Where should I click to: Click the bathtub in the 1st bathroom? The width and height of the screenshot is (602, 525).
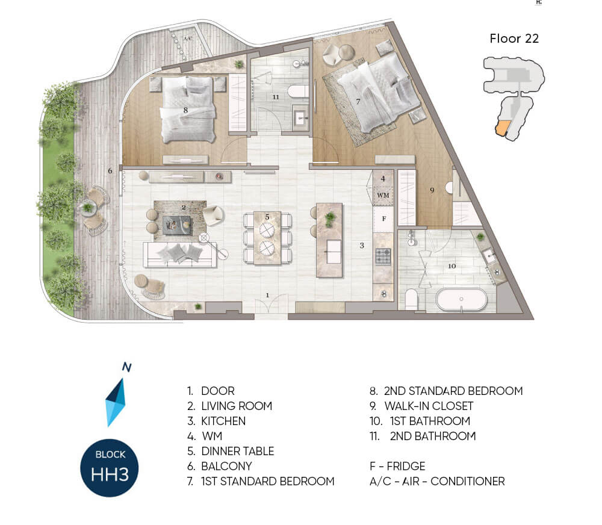click(x=462, y=299)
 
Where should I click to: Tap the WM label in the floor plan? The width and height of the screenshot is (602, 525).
click(x=383, y=195)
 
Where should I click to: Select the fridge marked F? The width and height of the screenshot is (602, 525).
click(x=383, y=219)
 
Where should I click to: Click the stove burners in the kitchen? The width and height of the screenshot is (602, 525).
click(x=383, y=257)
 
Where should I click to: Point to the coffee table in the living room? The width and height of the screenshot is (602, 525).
click(x=177, y=225)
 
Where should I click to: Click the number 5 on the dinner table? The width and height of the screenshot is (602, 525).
click(x=267, y=217)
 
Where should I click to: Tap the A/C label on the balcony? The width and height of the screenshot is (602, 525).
click(x=188, y=39)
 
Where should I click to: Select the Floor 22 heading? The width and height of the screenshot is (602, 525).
click(x=514, y=39)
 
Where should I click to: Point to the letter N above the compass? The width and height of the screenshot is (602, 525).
click(x=126, y=367)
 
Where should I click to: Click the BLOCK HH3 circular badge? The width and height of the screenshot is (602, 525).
click(x=110, y=468)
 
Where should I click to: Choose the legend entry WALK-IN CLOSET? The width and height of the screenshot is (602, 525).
click(x=421, y=406)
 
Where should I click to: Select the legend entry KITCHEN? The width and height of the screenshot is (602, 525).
click(x=217, y=421)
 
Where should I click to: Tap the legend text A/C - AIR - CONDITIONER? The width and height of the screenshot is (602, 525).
click(x=437, y=481)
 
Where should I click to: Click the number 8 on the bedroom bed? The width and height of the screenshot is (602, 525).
click(x=185, y=110)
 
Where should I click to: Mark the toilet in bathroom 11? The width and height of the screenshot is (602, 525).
click(x=298, y=92)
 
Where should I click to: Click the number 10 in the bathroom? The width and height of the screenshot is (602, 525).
click(x=452, y=266)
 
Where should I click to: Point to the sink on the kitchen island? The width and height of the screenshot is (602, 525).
click(x=334, y=252)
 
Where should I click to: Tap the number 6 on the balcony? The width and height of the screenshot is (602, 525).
click(x=110, y=170)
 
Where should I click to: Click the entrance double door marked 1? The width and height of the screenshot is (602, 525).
click(x=271, y=305)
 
